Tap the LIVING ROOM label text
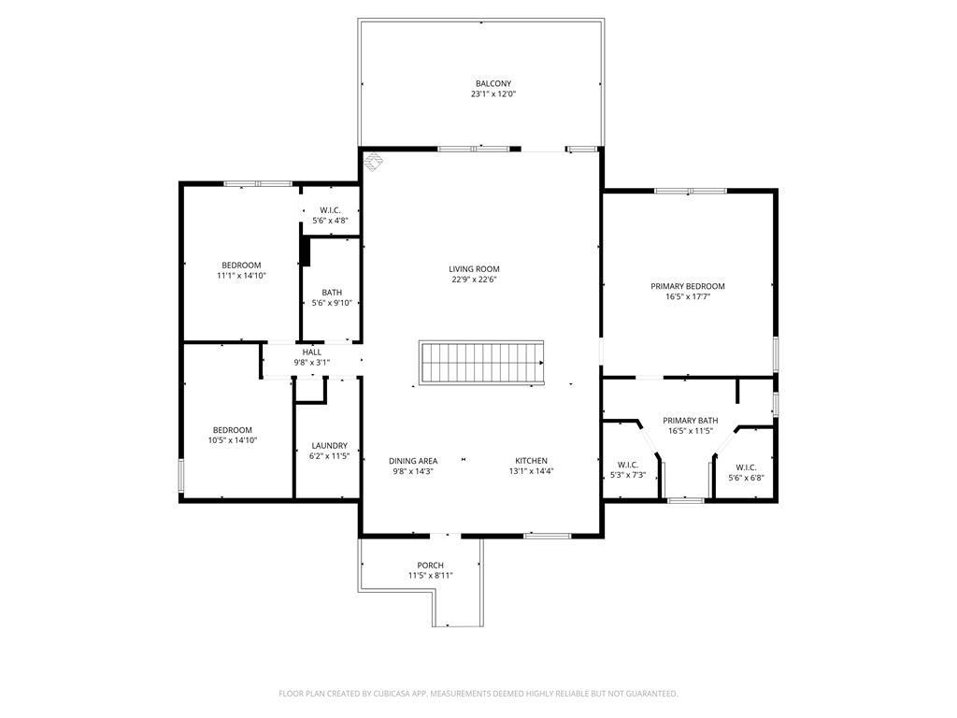[x=474, y=269]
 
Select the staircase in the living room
[x=481, y=363]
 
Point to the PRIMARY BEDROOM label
[x=687, y=286]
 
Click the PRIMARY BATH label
[x=691, y=421]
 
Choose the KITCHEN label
[x=531, y=461]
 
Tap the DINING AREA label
[x=413, y=461]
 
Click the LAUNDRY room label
[x=328, y=446]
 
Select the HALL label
[x=312, y=352]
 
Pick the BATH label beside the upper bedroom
[x=331, y=293]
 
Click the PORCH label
[x=430, y=566]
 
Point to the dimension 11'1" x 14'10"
[x=241, y=276]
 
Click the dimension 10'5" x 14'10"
[x=232, y=440]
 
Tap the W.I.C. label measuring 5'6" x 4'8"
[x=330, y=210]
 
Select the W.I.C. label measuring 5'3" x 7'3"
[x=627, y=465]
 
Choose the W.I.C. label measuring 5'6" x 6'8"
[x=746, y=467]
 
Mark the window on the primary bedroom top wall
[x=690, y=192]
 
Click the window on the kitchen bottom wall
[x=547, y=536]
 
